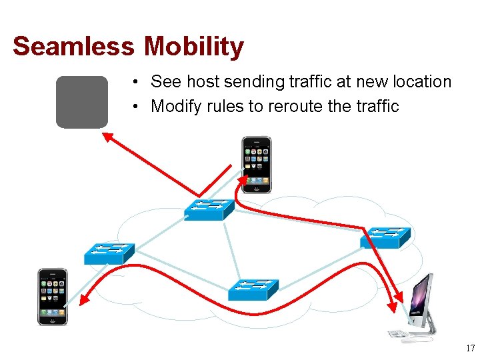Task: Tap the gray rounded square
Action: [81, 101]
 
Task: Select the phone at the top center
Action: [257, 165]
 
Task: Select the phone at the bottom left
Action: [53, 297]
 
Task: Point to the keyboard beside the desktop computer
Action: [398, 333]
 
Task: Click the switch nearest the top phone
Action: [209, 209]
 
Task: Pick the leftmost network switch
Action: [109, 253]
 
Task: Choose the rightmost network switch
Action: [385, 237]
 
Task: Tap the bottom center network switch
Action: [253, 289]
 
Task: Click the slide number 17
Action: [470, 348]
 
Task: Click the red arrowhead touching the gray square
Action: [107, 137]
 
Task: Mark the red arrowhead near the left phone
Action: [84, 302]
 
